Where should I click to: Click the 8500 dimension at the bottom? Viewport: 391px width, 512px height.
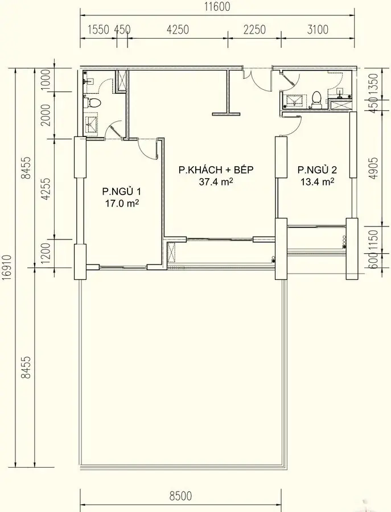point(180,496)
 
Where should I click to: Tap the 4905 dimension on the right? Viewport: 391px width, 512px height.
point(373,168)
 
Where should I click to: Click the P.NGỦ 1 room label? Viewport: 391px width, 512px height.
point(121,191)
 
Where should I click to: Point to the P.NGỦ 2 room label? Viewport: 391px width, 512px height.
point(317,170)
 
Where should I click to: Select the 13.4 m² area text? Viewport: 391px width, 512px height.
point(317,182)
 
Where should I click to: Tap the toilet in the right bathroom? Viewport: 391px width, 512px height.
point(317,99)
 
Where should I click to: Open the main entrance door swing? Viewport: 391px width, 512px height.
point(256,81)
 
